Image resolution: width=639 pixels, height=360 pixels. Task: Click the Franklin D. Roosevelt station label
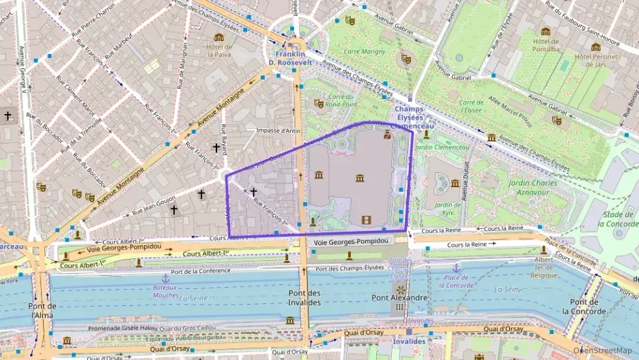pos(294,57)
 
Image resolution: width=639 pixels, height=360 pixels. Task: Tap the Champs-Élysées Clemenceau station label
pos(414,117)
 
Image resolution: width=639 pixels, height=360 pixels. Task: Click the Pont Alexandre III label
pos(399,303)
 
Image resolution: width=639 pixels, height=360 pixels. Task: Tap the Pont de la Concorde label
pos(584,307)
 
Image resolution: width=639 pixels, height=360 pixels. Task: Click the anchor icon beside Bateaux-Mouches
pos(165,278)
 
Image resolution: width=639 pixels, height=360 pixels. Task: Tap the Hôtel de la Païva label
pos(219,51)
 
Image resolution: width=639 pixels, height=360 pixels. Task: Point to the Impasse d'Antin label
pos(278,130)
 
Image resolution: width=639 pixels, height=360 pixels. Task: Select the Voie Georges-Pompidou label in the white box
pos(352,241)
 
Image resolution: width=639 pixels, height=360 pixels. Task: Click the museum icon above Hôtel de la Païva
pos(218,37)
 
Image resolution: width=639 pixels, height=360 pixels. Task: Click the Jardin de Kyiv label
pos(448,208)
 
